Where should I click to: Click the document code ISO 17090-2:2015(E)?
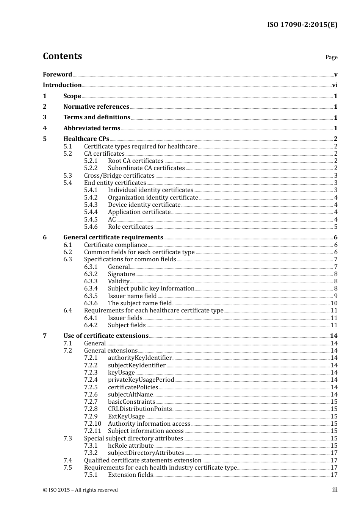(x=302, y=25)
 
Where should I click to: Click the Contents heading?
(x=62, y=56)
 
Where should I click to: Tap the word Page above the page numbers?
(x=331, y=57)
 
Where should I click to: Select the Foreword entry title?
(x=57, y=75)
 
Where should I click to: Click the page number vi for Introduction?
(x=335, y=85)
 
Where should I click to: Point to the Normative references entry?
(x=96, y=107)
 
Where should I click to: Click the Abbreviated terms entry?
(x=92, y=128)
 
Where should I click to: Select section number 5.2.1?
(x=91, y=161)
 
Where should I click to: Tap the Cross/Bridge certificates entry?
(x=119, y=176)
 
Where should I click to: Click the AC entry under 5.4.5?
(x=112, y=220)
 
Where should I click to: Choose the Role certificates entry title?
(x=130, y=227)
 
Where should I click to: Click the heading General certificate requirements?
(x=113, y=237)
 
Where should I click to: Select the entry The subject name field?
(x=139, y=303)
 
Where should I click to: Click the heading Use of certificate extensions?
(x=106, y=336)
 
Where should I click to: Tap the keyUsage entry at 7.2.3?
(x=121, y=373)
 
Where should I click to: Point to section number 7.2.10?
(x=92, y=424)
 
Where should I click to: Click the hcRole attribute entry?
(x=131, y=446)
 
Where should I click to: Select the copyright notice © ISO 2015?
(x=80, y=490)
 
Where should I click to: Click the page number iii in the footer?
(x=335, y=490)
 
